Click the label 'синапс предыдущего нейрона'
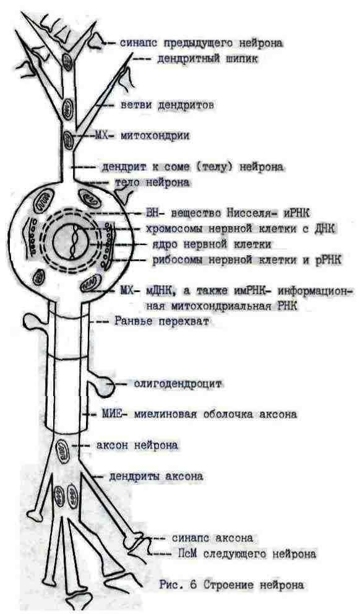point(202,43)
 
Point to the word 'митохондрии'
point(155,136)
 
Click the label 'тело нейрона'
point(152,183)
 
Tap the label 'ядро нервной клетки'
point(212,244)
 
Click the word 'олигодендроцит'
point(178,384)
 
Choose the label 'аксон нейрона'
point(137,445)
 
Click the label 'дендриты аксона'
point(156,477)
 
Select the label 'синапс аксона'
point(213,538)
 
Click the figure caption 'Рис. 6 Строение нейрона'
point(231,585)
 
